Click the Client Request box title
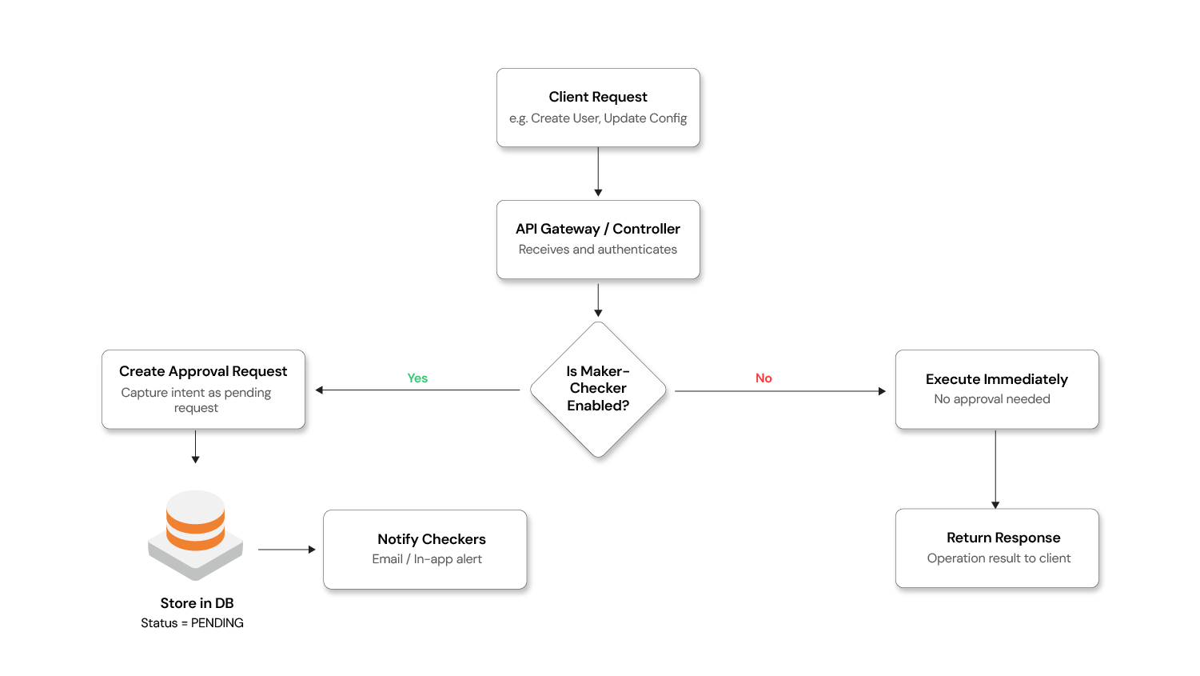(x=598, y=97)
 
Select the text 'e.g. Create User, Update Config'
(x=598, y=118)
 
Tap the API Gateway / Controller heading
(x=598, y=229)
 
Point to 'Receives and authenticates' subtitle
(x=598, y=250)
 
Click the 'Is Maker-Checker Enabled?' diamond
(x=598, y=389)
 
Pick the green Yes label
(x=417, y=378)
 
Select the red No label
(x=763, y=378)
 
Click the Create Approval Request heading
(x=203, y=371)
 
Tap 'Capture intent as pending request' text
(x=196, y=400)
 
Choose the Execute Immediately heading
(x=997, y=379)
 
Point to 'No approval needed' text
(x=992, y=399)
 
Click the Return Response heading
(x=1003, y=538)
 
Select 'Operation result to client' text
(x=999, y=558)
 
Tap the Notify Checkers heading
(x=432, y=539)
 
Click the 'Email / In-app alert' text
(x=427, y=559)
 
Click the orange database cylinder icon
(x=196, y=524)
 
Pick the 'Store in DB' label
(x=197, y=603)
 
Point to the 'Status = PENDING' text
(x=193, y=623)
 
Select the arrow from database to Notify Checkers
(x=286, y=550)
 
